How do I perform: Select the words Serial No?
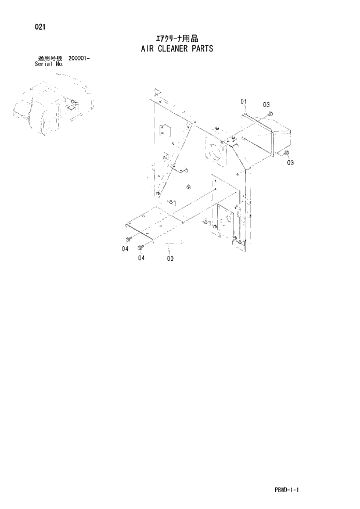pyautogui.click(x=49, y=64)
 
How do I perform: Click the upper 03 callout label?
pyautogui.click(x=266, y=105)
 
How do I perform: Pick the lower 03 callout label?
pyautogui.click(x=290, y=163)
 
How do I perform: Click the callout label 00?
pyautogui.click(x=170, y=259)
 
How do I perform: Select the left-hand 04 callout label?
pyautogui.click(x=125, y=249)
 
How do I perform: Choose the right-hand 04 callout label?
pyautogui.click(x=141, y=259)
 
